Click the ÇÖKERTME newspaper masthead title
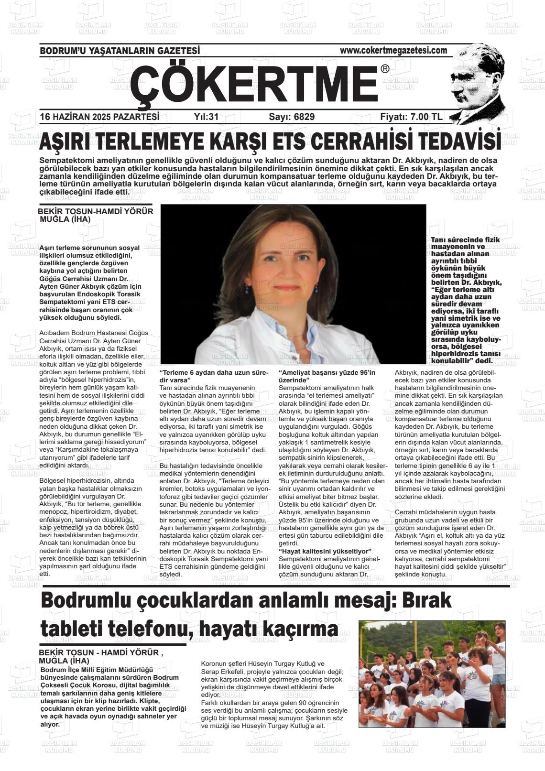[x=253, y=83]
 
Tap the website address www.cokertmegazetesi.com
[x=393, y=50]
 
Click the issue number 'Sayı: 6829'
[x=292, y=117]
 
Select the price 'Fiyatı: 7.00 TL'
[x=411, y=117]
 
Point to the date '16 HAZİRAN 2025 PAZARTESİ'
[x=99, y=117]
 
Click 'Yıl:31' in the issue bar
[x=206, y=117]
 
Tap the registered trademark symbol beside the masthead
[x=385, y=69]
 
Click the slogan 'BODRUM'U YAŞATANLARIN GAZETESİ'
[x=120, y=51]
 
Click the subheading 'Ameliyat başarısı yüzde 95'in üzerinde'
[x=327, y=376]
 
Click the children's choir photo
[x=431, y=674]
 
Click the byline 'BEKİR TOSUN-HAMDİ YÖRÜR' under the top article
[x=96, y=211]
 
